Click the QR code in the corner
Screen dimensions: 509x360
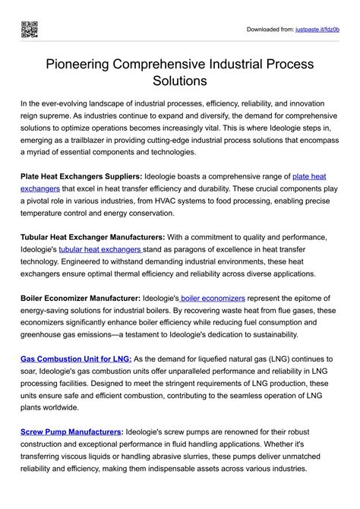30,30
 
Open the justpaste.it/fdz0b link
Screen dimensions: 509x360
317,30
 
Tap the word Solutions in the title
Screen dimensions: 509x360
179,80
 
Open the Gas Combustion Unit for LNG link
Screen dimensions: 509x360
76,359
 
